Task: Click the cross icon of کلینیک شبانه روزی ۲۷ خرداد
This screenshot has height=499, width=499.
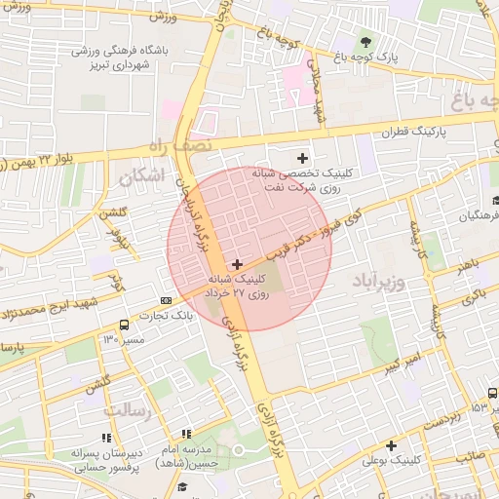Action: (237, 264)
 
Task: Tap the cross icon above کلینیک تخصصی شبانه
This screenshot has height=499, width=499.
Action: (302, 158)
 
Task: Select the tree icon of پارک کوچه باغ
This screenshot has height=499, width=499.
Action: (365, 42)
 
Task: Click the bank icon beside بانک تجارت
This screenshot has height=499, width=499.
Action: (166, 300)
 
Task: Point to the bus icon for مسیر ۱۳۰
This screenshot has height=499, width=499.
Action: (124, 325)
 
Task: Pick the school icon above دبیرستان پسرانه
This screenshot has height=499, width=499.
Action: (105, 439)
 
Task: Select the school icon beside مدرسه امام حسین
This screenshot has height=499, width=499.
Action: (185, 434)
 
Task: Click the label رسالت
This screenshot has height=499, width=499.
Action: (129, 409)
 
